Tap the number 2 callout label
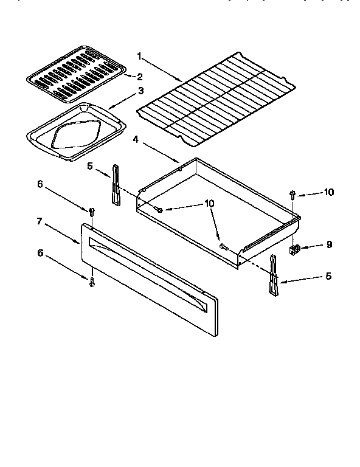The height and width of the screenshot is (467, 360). coord(140,76)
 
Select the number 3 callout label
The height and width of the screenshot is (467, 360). coord(140,91)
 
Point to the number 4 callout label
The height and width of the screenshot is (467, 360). coord(136,139)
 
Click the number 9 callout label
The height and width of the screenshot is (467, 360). coord(329,246)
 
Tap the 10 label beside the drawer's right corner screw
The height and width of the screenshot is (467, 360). coord(328,192)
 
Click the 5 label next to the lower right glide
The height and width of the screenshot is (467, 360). coord(328,276)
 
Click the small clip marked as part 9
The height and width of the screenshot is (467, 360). coord(296,248)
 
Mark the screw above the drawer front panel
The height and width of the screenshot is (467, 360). coord(91,212)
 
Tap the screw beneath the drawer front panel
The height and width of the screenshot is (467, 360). coord(91,282)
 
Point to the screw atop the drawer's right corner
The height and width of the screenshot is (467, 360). coord(292,195)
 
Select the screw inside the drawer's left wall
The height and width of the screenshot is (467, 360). coord(159,209)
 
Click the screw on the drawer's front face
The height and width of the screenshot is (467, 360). coord(223,246)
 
